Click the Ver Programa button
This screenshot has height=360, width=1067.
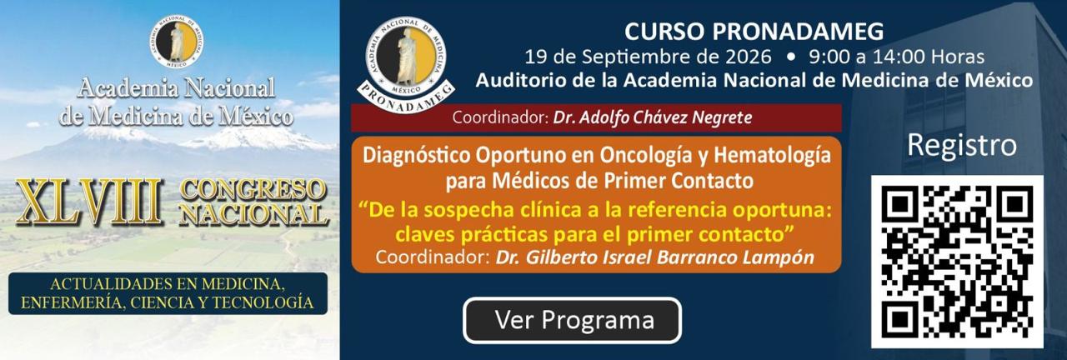tap(572, 320)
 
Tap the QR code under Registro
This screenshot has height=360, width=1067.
tap(957, 262)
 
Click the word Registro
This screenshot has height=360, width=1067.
tap(962, 145)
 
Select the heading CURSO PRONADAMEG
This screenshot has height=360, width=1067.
tap(754, 32)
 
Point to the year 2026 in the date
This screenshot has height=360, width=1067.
tap(749, 57)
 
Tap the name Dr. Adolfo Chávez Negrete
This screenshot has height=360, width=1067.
tap(652, 117)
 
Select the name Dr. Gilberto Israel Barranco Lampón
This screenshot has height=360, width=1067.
tap(654, 257)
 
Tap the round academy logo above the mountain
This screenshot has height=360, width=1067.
tap(177, 42)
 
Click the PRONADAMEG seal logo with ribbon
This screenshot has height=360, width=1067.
tap(406, 64)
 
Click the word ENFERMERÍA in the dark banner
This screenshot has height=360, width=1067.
tap(72, 302)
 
